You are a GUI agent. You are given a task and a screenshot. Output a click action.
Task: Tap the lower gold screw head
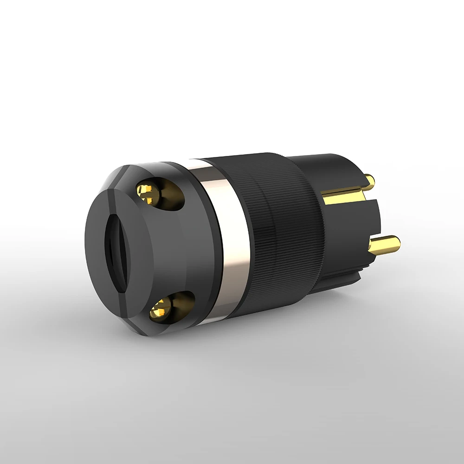click(161, 308)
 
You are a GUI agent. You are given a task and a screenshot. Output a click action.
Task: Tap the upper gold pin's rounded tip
click(370, 180)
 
